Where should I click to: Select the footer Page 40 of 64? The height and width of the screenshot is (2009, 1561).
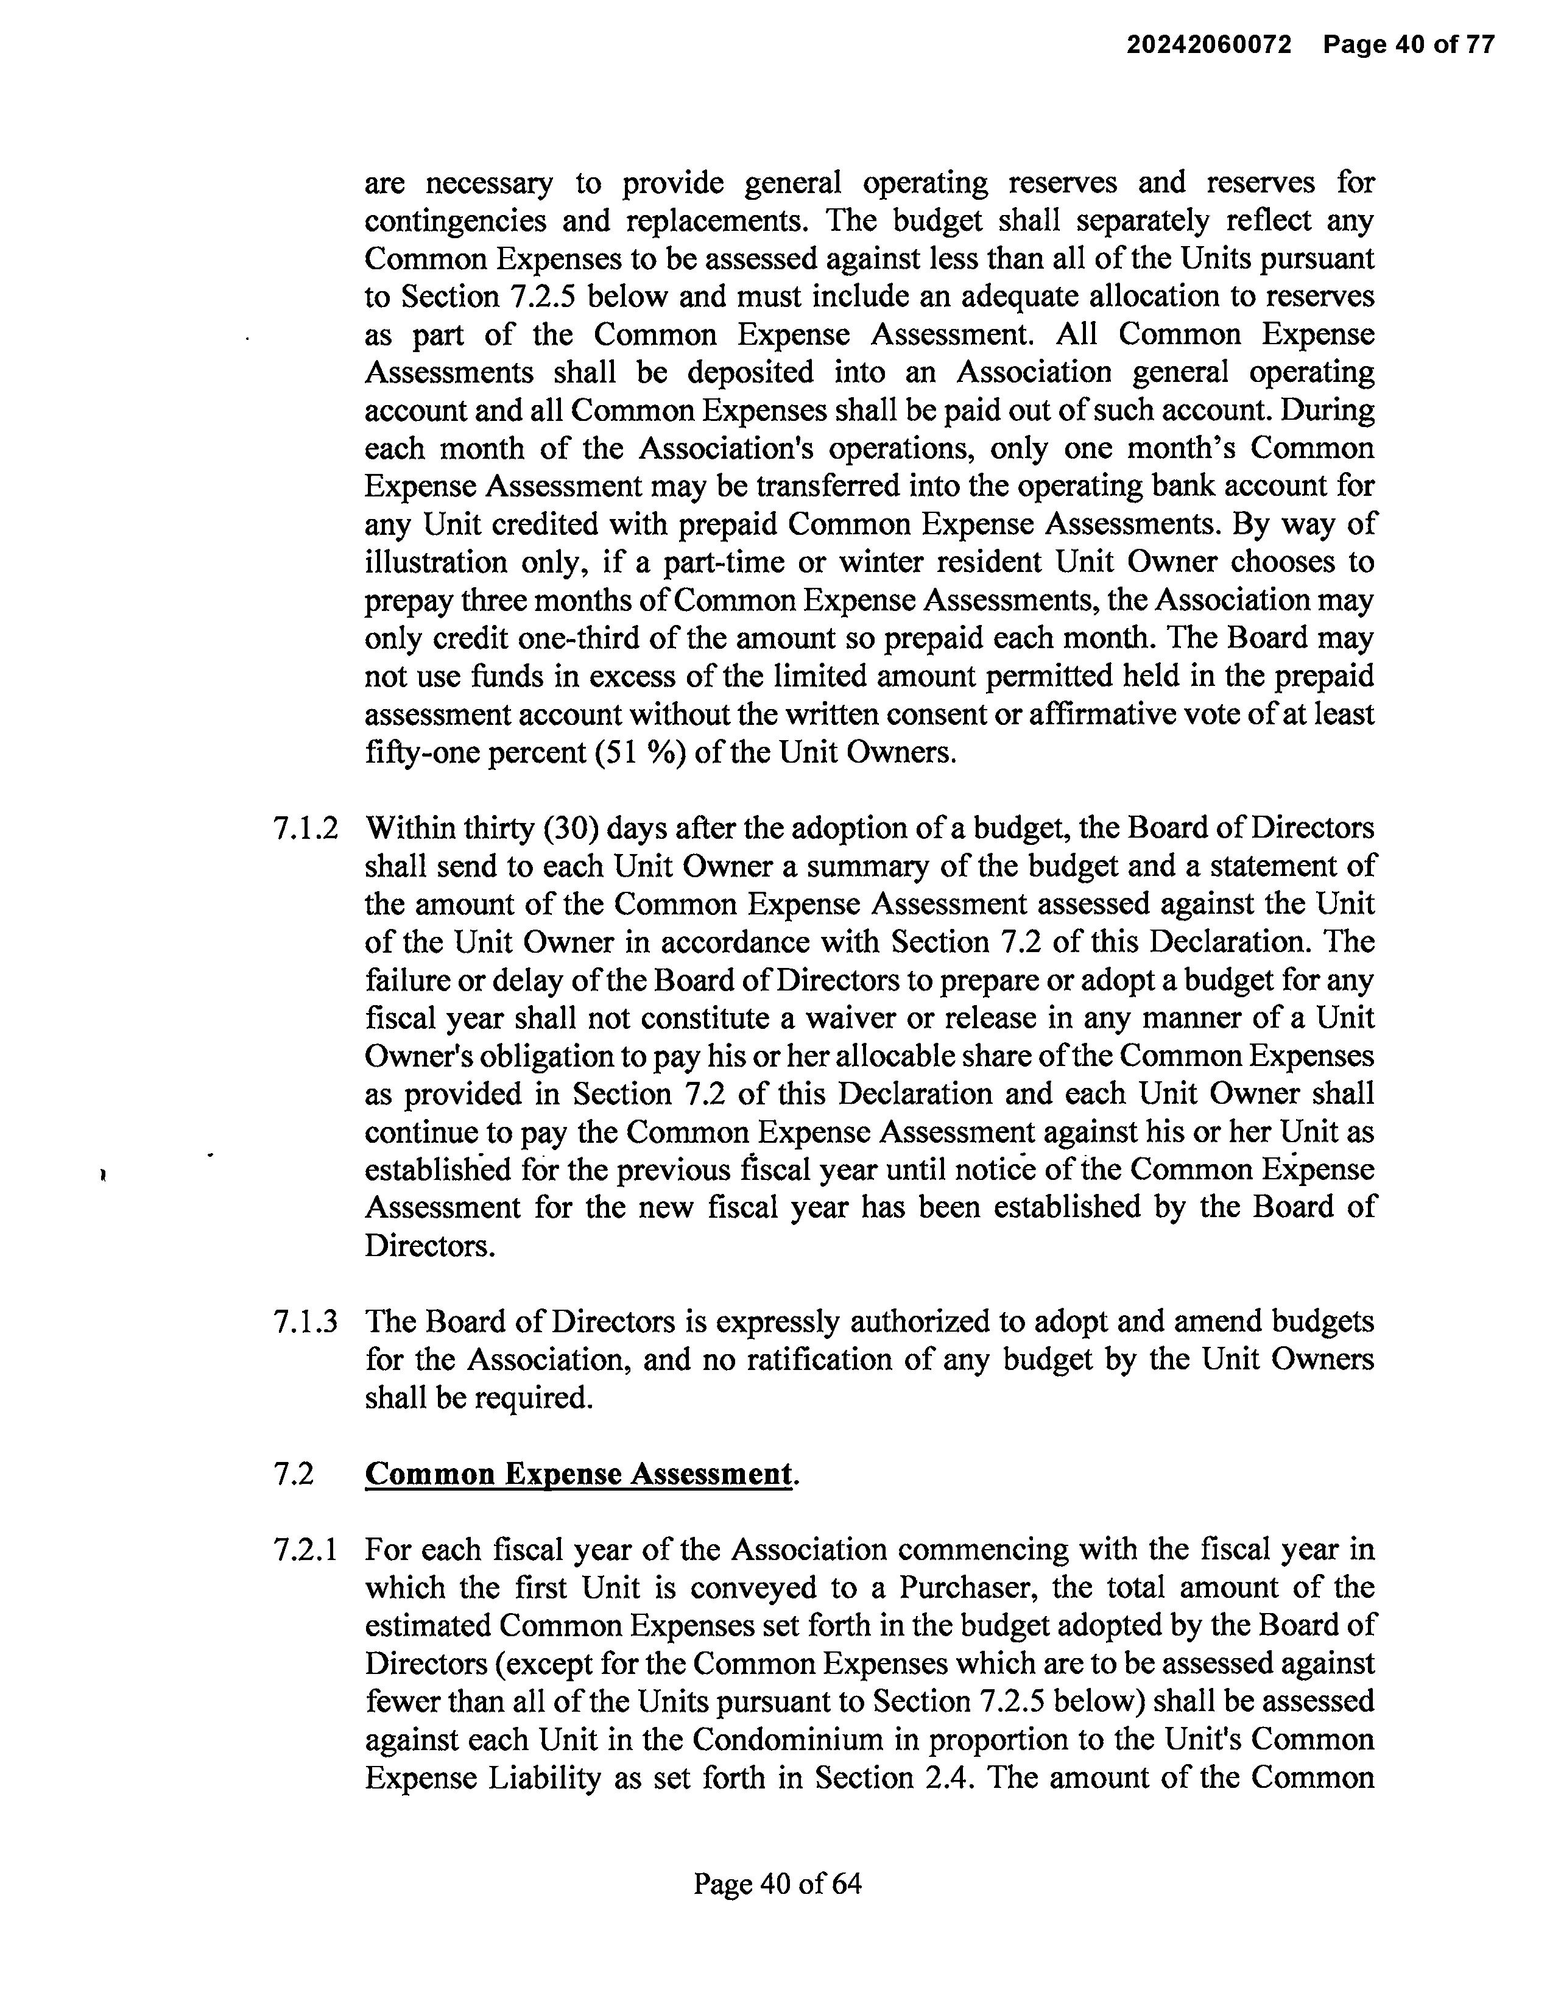click(x=777, y=1885)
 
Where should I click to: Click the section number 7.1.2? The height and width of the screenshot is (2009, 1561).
click(x=305, y=829)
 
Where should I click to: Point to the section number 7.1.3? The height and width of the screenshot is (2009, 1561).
click(x=305, y=1322)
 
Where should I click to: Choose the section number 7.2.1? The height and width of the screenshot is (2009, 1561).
click(x=305, y=1550)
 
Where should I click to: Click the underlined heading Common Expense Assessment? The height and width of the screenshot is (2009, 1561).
click(x=577, y=1475)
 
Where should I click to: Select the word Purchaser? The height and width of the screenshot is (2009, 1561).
click(x=966, y=1587)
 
